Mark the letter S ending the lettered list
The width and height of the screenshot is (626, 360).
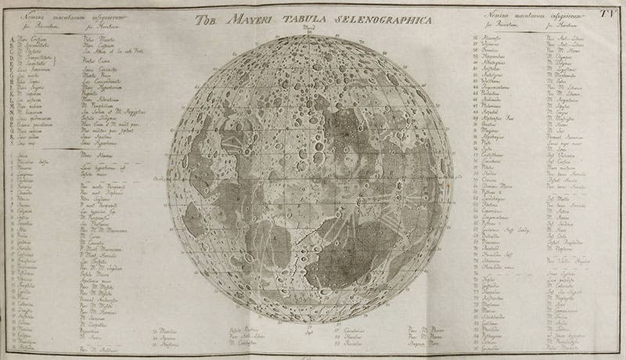pyautogui.click(x=7, y=146)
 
